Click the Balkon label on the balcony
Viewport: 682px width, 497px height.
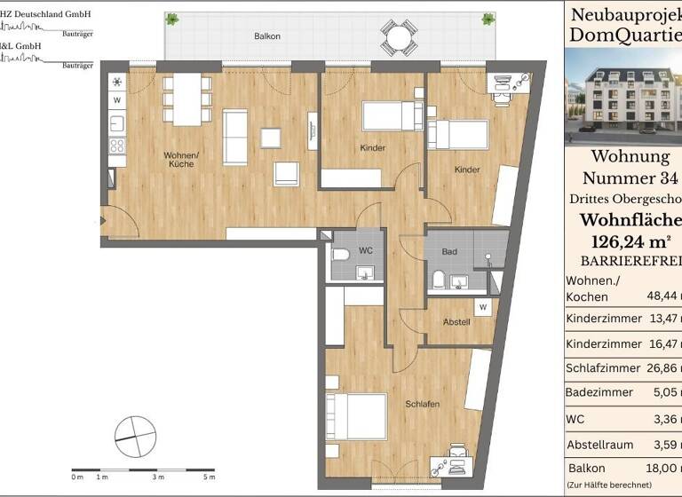pyautogui.click(x=266, y=36)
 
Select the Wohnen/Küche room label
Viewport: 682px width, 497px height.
pyautogui.click(x=180, y=160)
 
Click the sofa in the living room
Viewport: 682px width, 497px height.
pyautogui.click(x=234, y=137)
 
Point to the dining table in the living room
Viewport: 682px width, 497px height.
pyautogui.click(x=186, y=99)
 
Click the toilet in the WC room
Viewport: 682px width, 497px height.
pyautogui.click(x=342, y=255)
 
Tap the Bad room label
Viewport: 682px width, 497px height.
pyautogui.click(x=449, y=252)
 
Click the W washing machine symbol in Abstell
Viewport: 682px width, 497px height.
pyautogui.click(x=483, y=308)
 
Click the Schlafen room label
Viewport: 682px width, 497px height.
pyautogui.click(x=423, y=404)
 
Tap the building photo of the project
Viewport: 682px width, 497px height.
pyautogui.click(x=623, y=96)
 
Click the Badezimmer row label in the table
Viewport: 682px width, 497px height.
pyautogui.click(x=599, y=392)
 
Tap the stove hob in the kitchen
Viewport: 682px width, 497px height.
pyautogui.click(x=117, y=146)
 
